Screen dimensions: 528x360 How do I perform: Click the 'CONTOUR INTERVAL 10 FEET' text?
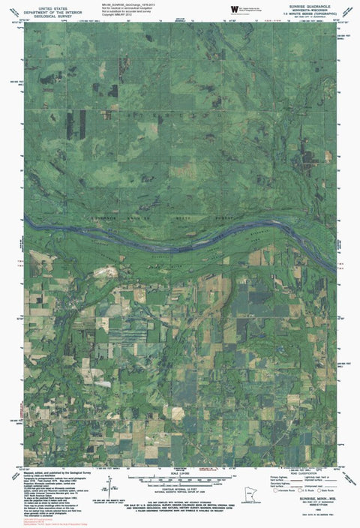point(181,487)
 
